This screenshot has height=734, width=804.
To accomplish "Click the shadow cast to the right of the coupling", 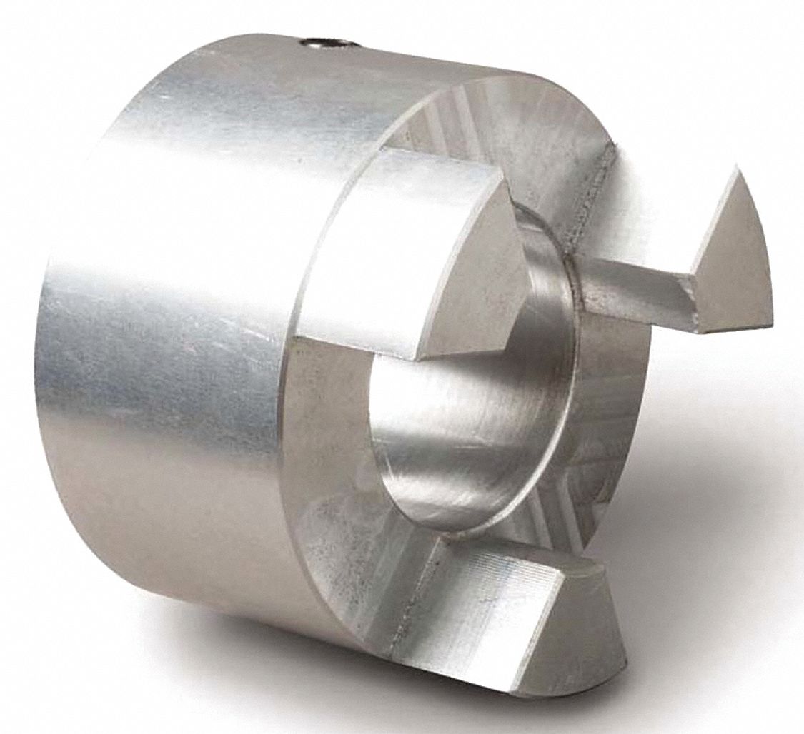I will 700,500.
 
